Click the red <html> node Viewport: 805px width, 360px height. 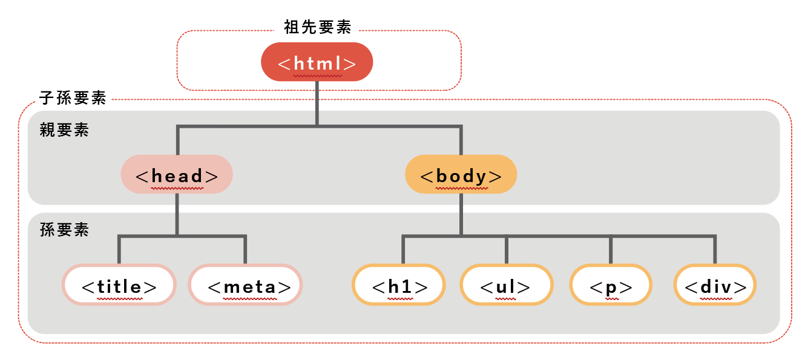click(x=317, y=62)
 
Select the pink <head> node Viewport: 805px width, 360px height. click(x=177, y=175)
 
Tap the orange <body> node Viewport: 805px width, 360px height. click(x=461, y=175)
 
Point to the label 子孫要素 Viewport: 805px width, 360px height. click(x=73, y=97)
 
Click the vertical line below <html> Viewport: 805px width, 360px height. click(x=317, y=103)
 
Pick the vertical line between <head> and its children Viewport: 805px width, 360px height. click(x=177, y=214)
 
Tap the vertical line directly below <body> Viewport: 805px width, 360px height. click(x=461, y=214)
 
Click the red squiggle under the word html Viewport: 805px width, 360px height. click(x=317, y=77)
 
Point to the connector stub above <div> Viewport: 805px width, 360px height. click(x=715, y=249)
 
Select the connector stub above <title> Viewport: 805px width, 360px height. click(x=119, y=249)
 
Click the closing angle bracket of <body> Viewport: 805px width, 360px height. click(x=495, y=176)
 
